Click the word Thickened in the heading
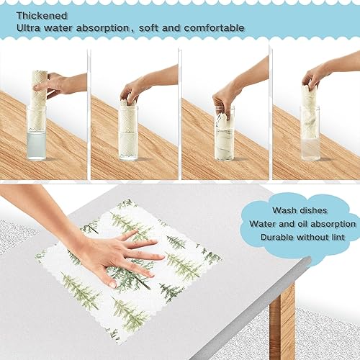tap(35, 14)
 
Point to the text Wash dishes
tap(297, 210)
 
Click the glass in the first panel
tap(37, 134)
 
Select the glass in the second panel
tap(128, 131)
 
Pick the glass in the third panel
tap(224, 134)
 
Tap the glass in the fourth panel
tap(310, 134)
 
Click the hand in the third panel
tap(225, 96)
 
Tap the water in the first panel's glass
tap(37, 147)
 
